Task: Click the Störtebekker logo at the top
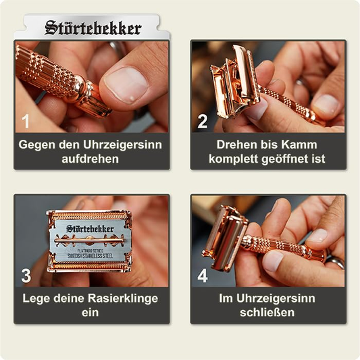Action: point(93,28)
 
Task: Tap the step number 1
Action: point(26,122)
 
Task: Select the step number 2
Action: point(202,122)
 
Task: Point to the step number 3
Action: point(26,276)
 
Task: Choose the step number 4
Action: point(202,276)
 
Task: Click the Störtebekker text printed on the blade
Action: point(90,229)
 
